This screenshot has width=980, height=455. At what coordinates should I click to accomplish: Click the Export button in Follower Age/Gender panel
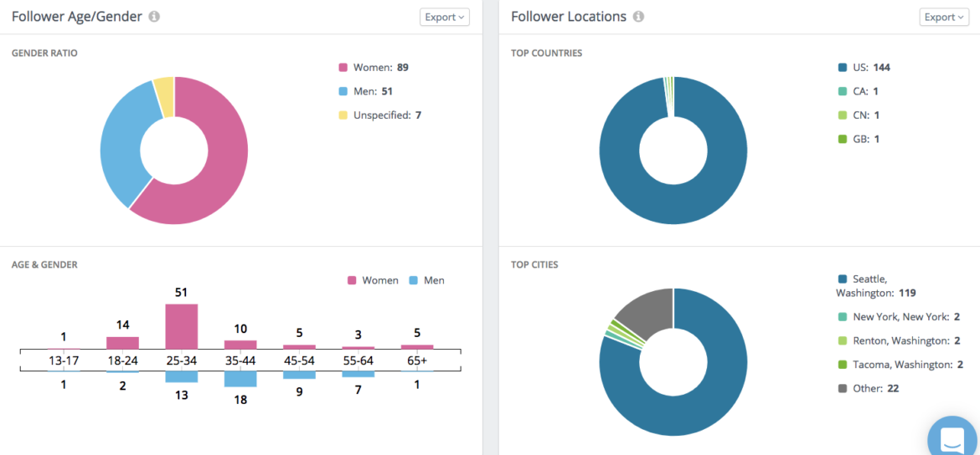pyautogui.click(x=444, y=17)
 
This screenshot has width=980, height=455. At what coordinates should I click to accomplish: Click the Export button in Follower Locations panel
pyautogui.click(x=944, y=17)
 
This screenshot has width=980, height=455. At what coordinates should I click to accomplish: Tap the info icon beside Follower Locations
pyautogui.click(x=639, y=17)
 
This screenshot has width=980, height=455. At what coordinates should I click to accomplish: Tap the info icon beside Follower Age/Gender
pyautogui.click(x=154, y=17)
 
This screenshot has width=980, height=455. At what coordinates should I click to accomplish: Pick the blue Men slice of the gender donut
pyautogui.click(x=121, y=151)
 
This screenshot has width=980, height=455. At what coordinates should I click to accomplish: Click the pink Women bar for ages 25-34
pyautogui.click(x=182, y=326)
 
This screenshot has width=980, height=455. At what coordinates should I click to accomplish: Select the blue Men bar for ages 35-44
pyautogui.click(x=240, y=378)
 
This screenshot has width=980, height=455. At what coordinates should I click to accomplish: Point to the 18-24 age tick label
pyautogui.click(x=122, y=360)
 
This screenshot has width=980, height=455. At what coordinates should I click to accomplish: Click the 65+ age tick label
pyautogui.click(x=417, y=360)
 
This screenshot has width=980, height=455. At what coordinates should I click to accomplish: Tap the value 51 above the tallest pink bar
pyautogui.click(x=181, y=293)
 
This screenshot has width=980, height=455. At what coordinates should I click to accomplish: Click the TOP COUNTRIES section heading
pyautogui.click(x=546, y=54)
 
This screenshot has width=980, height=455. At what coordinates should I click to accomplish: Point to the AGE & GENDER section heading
pyautogui.click(x=44, y=265)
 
